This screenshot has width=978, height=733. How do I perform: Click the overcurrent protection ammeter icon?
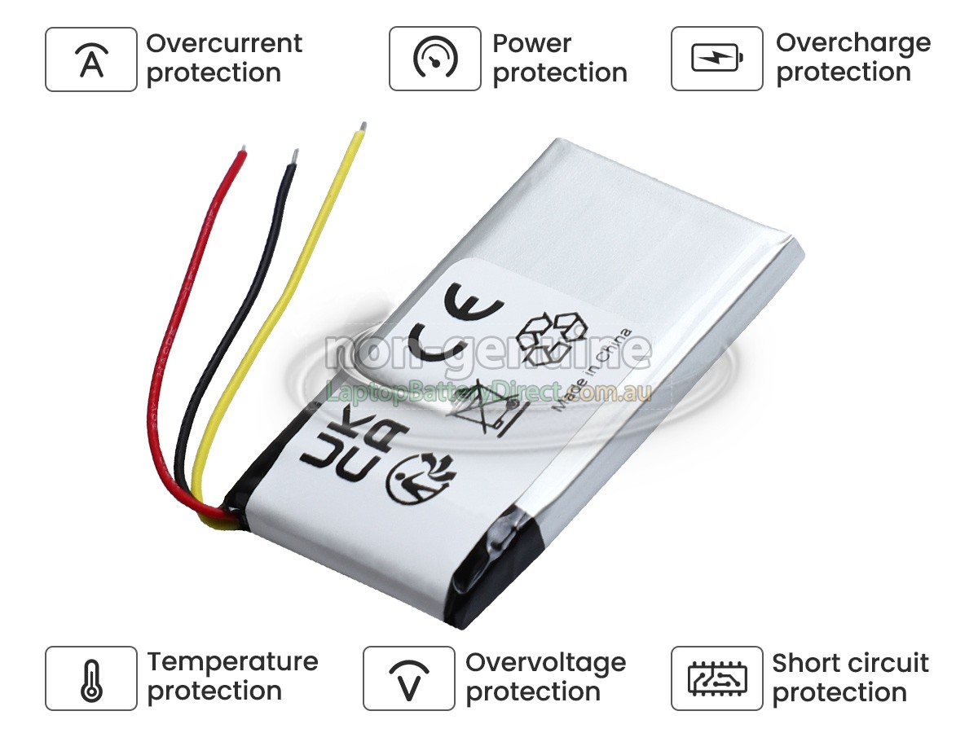coord(91,59)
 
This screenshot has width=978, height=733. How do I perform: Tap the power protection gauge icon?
coord(434,59)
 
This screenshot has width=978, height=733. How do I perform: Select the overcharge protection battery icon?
coord(716,59)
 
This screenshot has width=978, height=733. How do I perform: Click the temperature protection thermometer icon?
coord(91,678)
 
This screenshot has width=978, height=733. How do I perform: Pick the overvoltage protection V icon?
coord(408,678)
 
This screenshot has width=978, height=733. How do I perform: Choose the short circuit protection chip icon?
coord(716,678)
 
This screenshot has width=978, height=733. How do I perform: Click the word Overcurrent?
coord(224,43)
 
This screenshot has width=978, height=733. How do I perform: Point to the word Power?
coord(531,43)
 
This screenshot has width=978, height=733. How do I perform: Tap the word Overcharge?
coord(852,43)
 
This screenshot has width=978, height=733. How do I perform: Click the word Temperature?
coord(232,661)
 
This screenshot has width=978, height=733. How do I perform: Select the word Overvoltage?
coord(545,662)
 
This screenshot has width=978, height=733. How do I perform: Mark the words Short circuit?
coord(850,662)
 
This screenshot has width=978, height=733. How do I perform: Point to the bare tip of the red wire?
coord(242,151)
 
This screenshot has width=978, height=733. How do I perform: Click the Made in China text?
coord(593,370)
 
